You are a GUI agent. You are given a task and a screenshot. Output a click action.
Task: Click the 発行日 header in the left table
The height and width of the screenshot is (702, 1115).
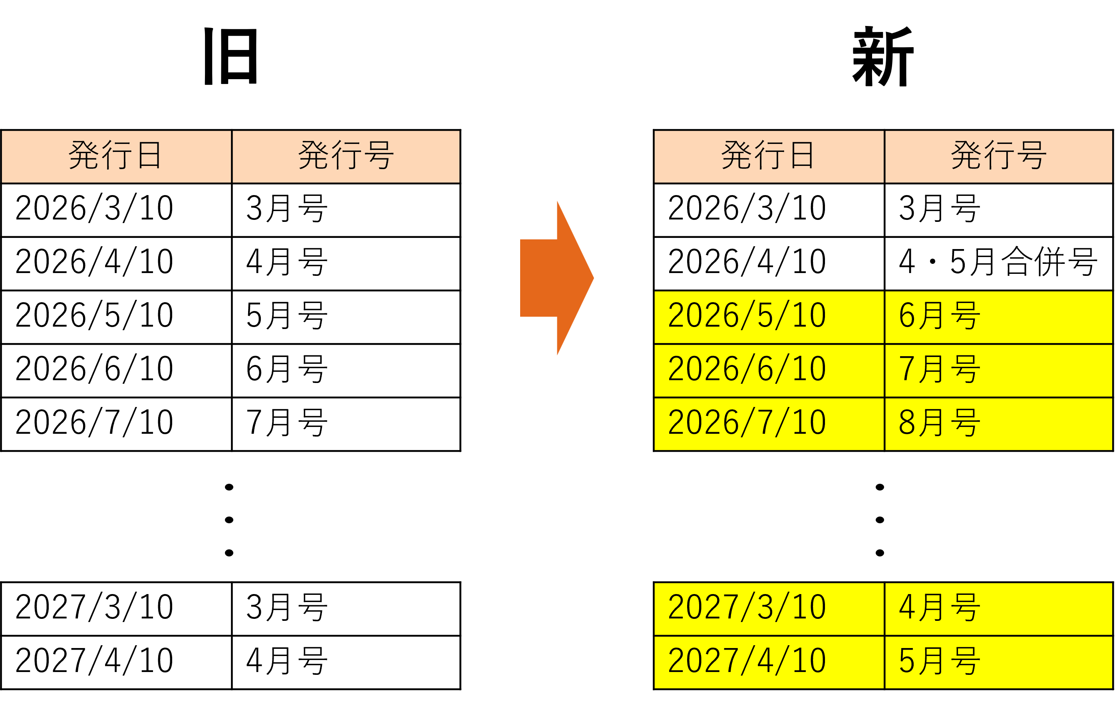[x=116, y=156]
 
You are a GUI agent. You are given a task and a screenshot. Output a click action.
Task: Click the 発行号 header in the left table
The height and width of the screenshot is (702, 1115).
[x=346, y=156]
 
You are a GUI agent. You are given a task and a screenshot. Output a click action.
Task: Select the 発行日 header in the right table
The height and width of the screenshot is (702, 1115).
[x=769, y=156]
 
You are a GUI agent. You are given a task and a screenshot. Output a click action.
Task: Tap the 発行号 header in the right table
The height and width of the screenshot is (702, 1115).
[x=998, y=156]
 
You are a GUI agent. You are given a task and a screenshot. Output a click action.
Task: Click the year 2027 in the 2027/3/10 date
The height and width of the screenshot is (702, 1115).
[x=703, y=608]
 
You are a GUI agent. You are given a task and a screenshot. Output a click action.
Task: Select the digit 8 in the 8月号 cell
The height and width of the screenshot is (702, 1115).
[x=906, y=423]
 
